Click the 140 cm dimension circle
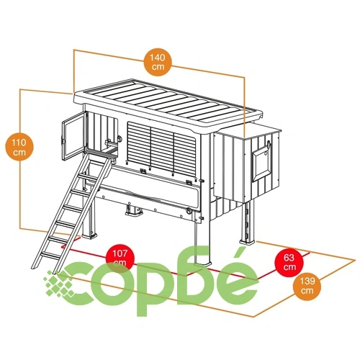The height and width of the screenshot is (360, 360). [x=158, y=62]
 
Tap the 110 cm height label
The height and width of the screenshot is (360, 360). [x=19, y=147]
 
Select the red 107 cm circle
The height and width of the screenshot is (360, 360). [x=120, y=258]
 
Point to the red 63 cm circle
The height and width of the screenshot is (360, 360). [x=289, y=262]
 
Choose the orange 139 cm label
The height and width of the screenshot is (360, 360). [x=307, y=286]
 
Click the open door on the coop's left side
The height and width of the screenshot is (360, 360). [x=74, y=136]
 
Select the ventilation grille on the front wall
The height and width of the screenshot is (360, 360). [x=161, y=149]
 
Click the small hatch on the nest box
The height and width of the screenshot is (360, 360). [x=261, y=163]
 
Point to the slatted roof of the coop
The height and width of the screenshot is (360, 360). [x=168, y=102]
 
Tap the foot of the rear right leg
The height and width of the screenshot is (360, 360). [x=248, y=241]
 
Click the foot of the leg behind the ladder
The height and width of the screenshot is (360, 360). [x=89, y=235]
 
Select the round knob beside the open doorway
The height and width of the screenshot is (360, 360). [x=120, y=138]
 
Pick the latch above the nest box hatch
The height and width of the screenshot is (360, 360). [x=269, y=145]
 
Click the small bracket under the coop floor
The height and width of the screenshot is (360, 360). [x=134, y=210]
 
